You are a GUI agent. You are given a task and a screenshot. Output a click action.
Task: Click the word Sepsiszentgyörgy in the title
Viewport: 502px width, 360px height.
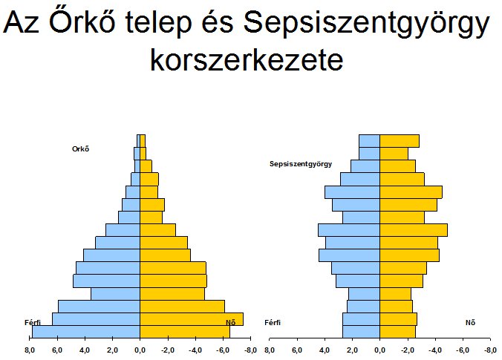[366, 24]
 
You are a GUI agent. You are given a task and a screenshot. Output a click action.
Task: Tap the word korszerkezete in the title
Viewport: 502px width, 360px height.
[247, 59]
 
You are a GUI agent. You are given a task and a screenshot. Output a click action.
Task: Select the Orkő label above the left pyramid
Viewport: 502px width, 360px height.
[81, 148]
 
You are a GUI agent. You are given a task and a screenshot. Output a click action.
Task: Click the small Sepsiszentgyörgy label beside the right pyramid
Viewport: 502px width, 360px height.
[301, 164]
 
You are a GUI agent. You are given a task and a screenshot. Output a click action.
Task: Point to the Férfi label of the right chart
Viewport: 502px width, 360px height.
[273, 323]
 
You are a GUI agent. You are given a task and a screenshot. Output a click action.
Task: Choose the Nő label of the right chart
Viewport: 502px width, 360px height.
[470, 323]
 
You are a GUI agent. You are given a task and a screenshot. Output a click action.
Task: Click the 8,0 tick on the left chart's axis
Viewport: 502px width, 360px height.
[29, 350]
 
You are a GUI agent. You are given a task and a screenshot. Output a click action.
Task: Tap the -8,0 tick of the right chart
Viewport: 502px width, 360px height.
[490, 350]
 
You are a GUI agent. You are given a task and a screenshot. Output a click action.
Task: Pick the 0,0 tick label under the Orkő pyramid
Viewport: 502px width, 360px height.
[140, 350]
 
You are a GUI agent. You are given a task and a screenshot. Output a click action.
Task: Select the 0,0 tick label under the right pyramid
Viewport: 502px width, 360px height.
[379, 350]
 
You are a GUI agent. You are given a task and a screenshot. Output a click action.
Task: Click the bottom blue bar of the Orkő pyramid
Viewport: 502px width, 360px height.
[86, 332]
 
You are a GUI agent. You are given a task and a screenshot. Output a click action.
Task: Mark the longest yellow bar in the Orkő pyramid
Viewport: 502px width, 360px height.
[192, 319]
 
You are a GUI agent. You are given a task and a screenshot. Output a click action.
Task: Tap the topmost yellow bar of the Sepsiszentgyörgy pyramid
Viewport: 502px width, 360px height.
[400, 141]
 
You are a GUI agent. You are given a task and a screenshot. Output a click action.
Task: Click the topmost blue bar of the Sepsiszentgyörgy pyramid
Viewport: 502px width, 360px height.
[370, 141]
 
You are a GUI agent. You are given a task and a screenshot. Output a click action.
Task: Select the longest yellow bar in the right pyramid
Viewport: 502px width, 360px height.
[414, 230]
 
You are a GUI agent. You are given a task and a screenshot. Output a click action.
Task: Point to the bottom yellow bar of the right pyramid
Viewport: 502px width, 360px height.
[397, 332]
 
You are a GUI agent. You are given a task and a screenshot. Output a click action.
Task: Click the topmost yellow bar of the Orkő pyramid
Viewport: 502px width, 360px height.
[143, 141]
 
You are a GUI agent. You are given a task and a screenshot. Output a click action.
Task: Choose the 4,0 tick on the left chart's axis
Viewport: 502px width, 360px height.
[85, 350]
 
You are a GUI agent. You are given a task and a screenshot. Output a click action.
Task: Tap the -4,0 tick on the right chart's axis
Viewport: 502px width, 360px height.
[434, 350]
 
